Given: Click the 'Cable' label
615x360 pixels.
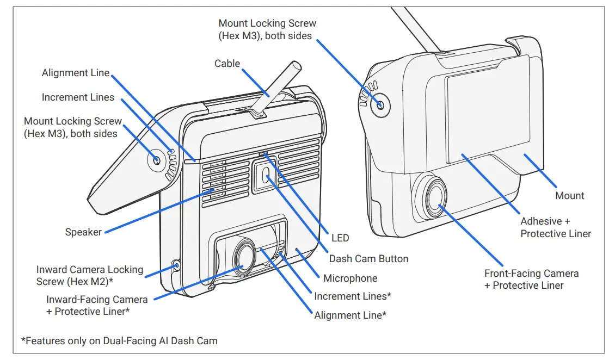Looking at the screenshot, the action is pos(227,64).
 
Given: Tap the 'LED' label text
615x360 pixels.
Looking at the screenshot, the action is pos(340,238).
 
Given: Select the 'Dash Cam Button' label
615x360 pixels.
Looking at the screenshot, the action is pos(368,258).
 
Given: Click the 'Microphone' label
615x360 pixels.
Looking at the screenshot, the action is pos(350,278).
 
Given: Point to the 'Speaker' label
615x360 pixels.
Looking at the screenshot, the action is pos(83,232).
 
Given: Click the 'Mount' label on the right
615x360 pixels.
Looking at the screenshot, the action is pos(569,195).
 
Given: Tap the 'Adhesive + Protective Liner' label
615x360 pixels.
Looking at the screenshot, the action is pos(555,227).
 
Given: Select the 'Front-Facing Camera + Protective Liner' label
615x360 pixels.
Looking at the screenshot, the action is pos(531,280).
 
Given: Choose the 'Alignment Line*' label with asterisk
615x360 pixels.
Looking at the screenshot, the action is pos(350,315).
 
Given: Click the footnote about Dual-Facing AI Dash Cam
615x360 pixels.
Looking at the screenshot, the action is pos(119,341).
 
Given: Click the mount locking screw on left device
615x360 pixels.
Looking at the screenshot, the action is pos(157,160).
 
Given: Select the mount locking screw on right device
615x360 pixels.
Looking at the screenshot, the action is pos(380,105).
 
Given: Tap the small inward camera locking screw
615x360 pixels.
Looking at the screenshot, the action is pos(176,265).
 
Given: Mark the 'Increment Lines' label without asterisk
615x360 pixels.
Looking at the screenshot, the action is pos(78,97).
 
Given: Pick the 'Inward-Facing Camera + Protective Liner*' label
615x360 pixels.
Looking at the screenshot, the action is pos(97,306).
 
